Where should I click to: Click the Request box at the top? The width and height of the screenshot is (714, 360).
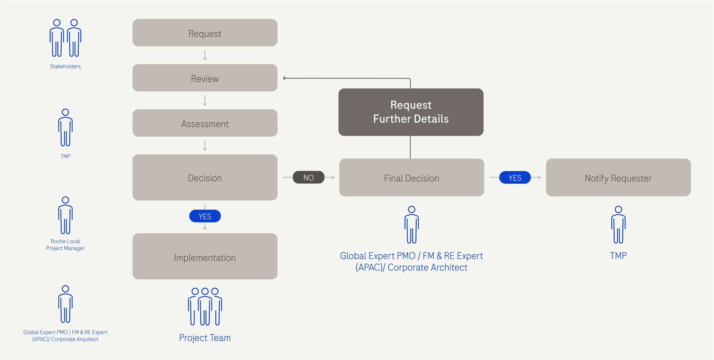coord(205,33)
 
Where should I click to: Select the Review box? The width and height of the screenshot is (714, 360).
coord(205,78)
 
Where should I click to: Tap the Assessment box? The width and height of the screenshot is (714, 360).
coord(205,123)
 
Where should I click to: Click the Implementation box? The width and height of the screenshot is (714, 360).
coord(205,256)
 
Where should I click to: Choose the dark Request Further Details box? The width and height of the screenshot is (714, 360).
coord(411,112)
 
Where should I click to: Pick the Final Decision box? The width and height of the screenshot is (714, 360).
coord(411,178)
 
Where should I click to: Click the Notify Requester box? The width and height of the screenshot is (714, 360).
coord(618,178)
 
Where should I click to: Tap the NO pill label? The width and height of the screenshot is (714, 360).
coord(308,177)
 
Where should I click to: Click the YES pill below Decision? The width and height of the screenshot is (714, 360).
coord(205,216)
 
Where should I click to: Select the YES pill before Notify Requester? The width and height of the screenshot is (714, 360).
coord(515,178)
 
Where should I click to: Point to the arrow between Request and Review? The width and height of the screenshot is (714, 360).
coord(205,55)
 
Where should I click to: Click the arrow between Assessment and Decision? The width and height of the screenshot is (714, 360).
coord(205,146)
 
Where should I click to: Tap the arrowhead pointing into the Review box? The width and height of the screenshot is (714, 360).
coord(284,78)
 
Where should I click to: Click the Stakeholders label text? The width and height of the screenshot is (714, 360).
coord(65,66)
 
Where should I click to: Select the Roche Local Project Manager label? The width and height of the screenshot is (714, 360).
coord(65,245)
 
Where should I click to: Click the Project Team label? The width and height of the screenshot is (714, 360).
coord(205,338)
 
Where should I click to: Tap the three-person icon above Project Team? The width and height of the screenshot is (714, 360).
coord(205,307)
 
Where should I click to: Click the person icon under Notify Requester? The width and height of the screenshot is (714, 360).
coord(618,225)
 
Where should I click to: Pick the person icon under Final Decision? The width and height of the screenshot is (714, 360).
coord(411,225)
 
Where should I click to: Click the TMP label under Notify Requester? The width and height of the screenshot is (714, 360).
coord(618,256)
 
